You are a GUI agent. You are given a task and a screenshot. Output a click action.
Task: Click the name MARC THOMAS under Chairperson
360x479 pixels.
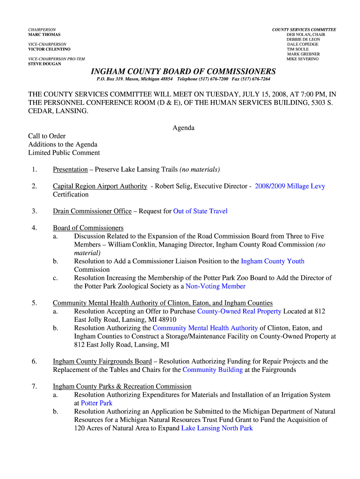click(44, 35)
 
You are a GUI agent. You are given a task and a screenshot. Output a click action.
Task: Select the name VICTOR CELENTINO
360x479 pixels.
click(49, 49)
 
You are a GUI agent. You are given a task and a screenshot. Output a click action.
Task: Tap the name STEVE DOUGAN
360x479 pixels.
click(44, 64)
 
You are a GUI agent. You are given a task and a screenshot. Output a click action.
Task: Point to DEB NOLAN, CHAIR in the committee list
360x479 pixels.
click(306, 35)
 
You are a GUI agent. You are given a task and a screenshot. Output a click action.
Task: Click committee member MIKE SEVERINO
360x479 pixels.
click(302, 59)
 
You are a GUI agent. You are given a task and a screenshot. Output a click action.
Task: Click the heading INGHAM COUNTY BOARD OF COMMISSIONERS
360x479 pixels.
click(183, 72)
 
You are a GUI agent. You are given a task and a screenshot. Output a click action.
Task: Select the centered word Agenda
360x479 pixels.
click(183, 128)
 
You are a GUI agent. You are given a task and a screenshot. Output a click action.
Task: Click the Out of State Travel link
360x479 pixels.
click(200, 211)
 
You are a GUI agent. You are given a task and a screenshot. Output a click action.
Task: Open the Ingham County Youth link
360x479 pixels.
click(272, 261)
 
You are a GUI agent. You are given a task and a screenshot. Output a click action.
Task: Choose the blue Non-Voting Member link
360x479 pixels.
click(216, 286)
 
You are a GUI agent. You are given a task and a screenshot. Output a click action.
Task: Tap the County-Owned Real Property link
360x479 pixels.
click(239, 311)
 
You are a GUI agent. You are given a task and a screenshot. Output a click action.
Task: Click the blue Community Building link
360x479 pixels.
click(212, 370)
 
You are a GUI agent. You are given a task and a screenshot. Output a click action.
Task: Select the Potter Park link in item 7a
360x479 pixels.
click(97, 403)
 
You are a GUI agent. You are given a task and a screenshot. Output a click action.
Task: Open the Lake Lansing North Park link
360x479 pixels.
click(217, 428)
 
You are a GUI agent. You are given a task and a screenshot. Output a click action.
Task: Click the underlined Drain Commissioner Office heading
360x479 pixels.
click(92, 211)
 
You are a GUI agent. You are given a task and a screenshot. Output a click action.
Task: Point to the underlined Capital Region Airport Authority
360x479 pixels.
click(100, 186)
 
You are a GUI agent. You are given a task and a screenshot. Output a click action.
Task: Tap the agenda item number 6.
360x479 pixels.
click(35, 361)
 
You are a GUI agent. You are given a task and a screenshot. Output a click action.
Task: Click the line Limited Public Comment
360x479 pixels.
click(64, 152)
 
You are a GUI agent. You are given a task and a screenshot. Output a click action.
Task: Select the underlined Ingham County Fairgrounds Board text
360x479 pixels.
click(102, 361)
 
